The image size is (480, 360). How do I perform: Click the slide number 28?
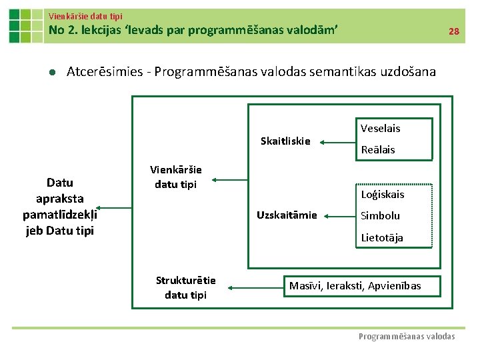point(453,31)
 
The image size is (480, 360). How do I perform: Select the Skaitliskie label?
point(285,141)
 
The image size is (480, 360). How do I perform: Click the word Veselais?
point(380,128)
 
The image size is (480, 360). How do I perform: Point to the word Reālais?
point(377,149)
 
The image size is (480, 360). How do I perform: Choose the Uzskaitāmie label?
point(287,215)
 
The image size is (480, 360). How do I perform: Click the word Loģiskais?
point(382,195)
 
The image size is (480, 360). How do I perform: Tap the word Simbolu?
point(380,215)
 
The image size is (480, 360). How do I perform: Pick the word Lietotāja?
point(381,237)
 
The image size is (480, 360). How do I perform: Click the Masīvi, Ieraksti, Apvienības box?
point(355,286)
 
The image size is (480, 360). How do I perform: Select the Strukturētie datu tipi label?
point(185,287)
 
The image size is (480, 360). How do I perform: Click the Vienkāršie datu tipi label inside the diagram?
point(175,177)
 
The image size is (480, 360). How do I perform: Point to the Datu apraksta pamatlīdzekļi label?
point(60,207)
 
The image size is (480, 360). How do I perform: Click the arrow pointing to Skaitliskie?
point(336,141)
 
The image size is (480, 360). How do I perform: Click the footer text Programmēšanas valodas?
point(407,337)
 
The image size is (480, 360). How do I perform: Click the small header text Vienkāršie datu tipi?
point(85,15)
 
